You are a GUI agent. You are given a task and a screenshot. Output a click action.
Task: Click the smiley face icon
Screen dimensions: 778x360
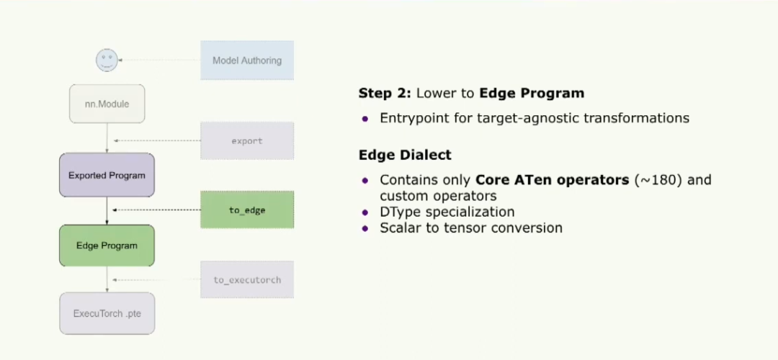[x=107, y=60]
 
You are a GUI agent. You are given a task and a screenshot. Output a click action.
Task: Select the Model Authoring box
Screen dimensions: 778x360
[x=247, y=60]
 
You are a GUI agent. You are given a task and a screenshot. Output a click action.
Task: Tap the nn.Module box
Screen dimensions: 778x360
[x=107, y=104]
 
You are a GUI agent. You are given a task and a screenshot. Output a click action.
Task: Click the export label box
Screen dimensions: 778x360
[x=247, y=141]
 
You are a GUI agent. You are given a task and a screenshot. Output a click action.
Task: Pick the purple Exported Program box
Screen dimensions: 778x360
[x=107, y=175]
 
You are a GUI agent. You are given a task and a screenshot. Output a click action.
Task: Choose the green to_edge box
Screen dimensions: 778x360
[x=247, y=210]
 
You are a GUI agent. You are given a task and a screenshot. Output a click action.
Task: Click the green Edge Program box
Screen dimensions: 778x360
[x=107, y=246]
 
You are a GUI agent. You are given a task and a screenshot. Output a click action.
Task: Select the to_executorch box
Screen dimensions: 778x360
[x=247, y=279]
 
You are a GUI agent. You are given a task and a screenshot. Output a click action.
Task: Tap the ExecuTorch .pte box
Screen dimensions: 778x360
[x=107, y=313]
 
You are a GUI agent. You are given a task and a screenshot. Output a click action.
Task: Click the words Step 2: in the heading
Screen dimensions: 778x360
[x=385, y=93]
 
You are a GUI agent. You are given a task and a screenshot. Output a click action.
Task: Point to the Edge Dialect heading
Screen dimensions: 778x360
[x=405, y=155]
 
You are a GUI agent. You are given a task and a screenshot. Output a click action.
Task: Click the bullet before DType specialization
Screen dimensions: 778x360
[x=366, y=212]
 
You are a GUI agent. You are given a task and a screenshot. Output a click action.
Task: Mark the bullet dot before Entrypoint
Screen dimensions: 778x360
[x=366, y=119]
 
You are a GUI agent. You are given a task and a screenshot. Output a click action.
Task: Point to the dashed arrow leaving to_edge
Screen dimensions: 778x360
[x=157, y=210]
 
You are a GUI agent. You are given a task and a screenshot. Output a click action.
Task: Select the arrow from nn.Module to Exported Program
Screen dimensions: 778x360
[x=107, y=138]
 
